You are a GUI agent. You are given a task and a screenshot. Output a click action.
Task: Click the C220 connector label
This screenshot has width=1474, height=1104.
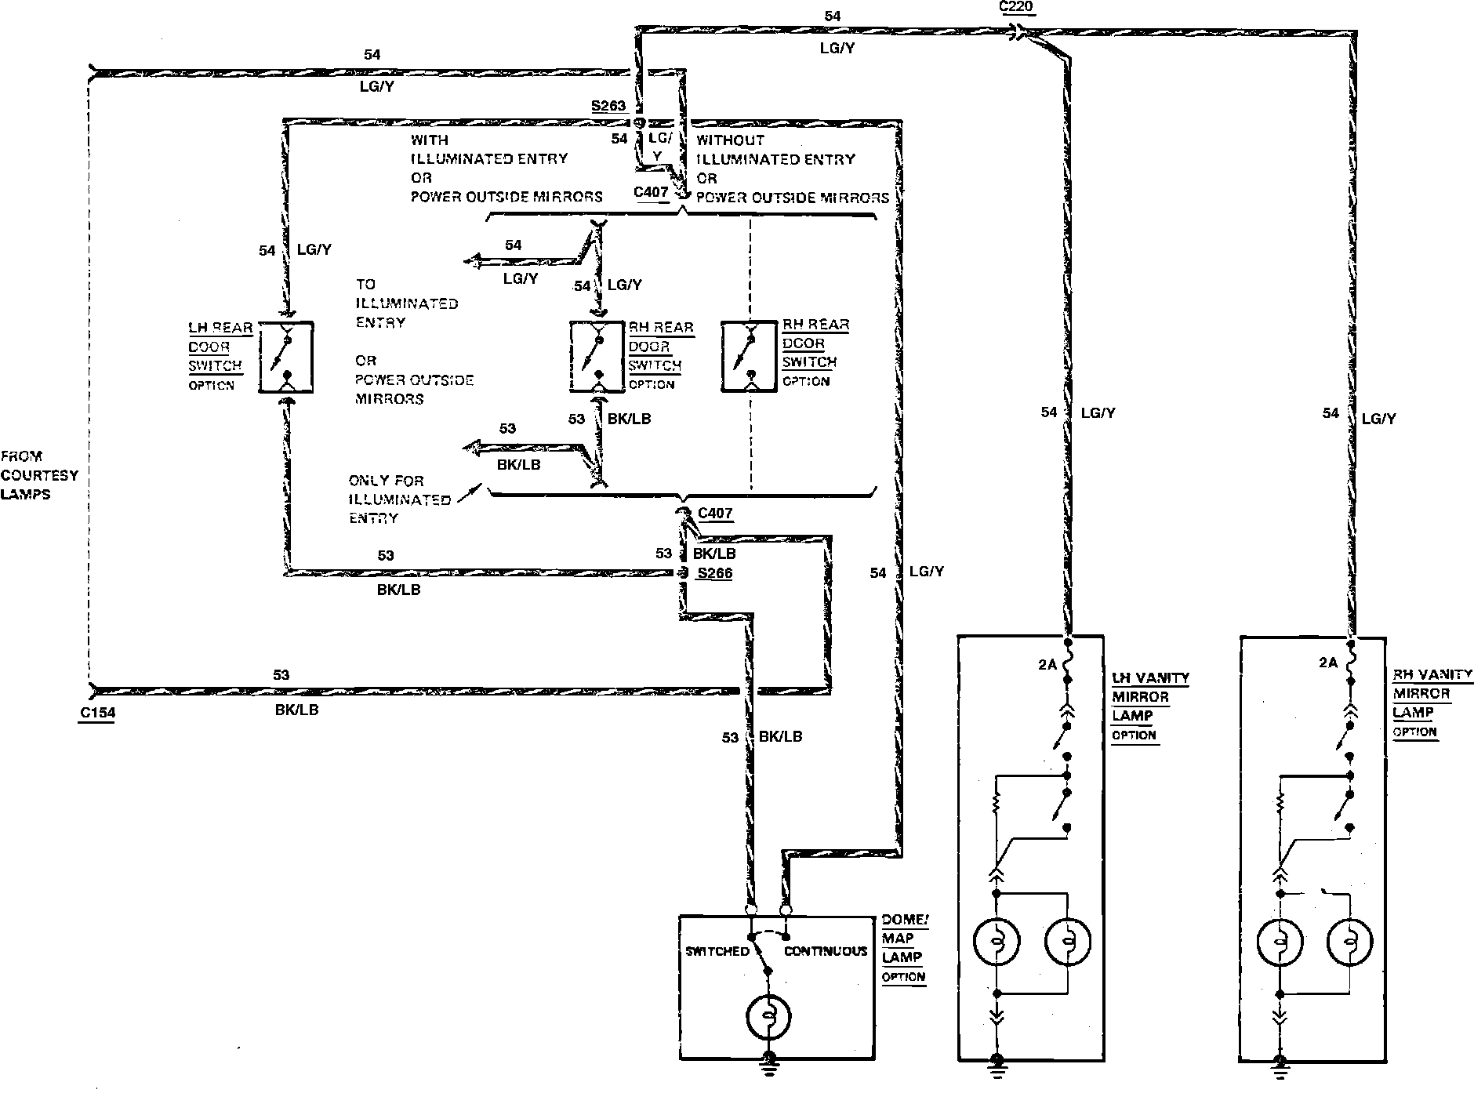coord(1017,7)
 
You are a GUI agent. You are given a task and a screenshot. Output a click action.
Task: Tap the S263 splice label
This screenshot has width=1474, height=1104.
coord(608,106)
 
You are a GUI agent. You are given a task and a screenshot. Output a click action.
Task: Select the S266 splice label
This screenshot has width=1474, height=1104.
coord(715,573)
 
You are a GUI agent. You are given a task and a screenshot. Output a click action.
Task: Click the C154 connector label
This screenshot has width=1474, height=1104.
coord(97,714)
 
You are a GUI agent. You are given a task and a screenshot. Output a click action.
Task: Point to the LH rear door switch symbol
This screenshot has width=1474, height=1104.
coord(286,357)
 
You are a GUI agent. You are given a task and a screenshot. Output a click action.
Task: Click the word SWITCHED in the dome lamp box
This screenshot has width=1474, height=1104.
coord(717,951)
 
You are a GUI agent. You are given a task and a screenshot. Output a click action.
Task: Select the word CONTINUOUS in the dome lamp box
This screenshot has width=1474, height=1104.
coord(826,951)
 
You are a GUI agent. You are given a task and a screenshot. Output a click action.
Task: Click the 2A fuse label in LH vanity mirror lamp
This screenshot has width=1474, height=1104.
coord(1048,665)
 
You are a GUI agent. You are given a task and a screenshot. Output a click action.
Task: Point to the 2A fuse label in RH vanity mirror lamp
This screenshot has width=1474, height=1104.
coord(1327,663)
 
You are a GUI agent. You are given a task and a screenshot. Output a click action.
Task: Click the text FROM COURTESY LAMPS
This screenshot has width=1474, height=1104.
coord(40,475)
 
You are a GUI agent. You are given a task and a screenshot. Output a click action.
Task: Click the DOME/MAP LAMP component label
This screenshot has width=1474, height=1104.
coord(904,948)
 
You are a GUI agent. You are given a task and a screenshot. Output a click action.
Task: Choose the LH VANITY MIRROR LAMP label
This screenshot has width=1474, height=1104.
coord(1150,706)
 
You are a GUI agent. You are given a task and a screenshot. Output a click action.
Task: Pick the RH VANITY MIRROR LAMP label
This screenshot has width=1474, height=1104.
coord(1432,703)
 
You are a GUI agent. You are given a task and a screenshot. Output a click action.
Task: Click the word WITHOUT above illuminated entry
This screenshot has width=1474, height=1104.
coord(730,140)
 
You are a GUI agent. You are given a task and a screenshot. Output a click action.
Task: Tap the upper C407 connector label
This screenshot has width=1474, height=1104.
coord(652,191)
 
